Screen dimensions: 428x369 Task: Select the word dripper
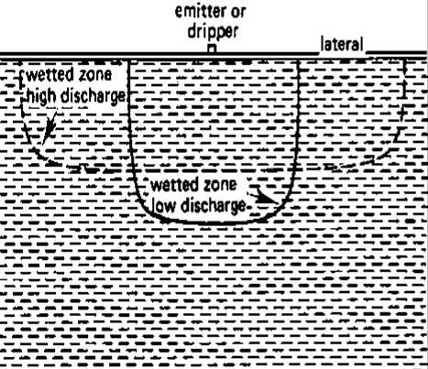coord(213,32)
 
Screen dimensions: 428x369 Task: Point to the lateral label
coord(342,45)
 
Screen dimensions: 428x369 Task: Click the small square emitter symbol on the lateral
coord(212,49)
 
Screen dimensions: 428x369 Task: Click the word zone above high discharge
coord(94,75)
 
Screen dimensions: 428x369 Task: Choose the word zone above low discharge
coord(219,185)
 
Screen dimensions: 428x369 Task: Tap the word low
coord(164,206)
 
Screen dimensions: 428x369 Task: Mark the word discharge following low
coord(214,206)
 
